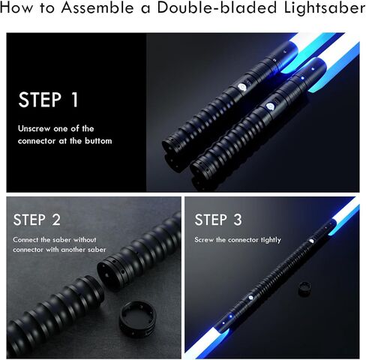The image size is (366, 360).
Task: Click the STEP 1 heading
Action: coord(48,100)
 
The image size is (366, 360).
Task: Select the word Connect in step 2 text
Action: coord(29,240)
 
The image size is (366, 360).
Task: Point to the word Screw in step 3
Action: coord(206,240)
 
